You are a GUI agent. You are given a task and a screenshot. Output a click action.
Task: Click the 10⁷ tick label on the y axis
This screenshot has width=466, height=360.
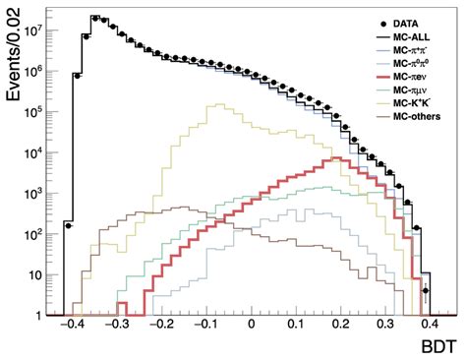coord(39,32)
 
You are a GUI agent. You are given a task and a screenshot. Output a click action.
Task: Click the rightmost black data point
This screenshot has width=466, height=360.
coord(426,291)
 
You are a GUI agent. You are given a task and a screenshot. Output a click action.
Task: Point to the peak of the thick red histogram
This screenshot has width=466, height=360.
coord(335,157)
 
